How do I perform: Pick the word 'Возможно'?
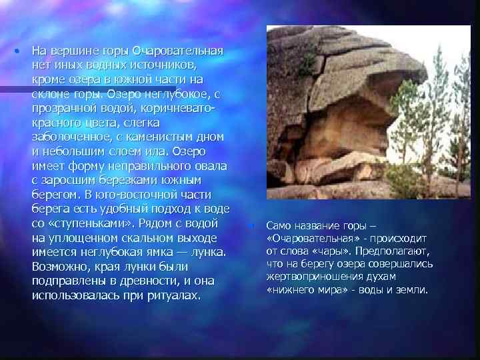(x=61, y=266)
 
